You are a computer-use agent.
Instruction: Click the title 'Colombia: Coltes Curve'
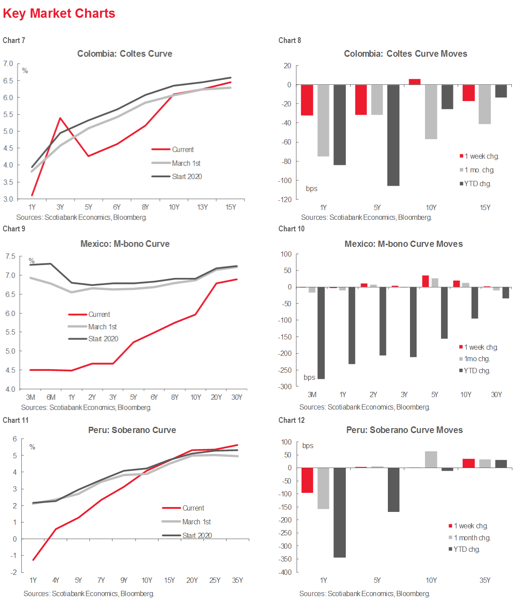click(x=124, y=54)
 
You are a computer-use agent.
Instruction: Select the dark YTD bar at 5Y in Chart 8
click(x=393, y=135)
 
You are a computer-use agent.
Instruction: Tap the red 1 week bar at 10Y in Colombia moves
click(x=414, y=82)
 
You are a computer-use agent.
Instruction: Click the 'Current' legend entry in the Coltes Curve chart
click(x=182, y=150)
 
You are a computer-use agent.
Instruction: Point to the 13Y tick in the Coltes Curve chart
click(x=202, y=207)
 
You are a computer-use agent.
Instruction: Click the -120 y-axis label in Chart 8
click(x=284, y=199)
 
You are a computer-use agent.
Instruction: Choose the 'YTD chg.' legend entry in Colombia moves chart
click(x=477, y=184)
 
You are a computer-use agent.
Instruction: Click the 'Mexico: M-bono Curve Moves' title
click(x=403, y=244)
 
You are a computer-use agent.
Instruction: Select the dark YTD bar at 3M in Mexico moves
click(x=321, y=333)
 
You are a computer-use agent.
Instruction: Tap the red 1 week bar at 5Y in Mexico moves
click(x=425, y=281)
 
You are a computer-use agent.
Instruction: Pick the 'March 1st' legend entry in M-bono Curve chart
click(x=102, y=327)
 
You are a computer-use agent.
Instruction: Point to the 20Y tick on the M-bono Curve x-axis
click(x=216, y=397)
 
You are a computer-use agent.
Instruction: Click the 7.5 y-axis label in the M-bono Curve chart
click(x=10, y=257)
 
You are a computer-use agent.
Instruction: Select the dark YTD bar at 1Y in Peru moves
click(x=340, y=512)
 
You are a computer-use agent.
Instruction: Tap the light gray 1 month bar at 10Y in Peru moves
click(x=431, y=460)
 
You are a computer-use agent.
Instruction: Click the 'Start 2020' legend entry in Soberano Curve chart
click(x=197, y=535)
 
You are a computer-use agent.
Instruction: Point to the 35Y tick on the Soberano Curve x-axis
click(x=237, y=580)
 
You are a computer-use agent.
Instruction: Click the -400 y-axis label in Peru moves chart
click(x=286, y=572)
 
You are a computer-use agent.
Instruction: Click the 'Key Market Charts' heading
click(x=59, y=13)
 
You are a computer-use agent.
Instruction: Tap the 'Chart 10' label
click(x=291, y=229)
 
